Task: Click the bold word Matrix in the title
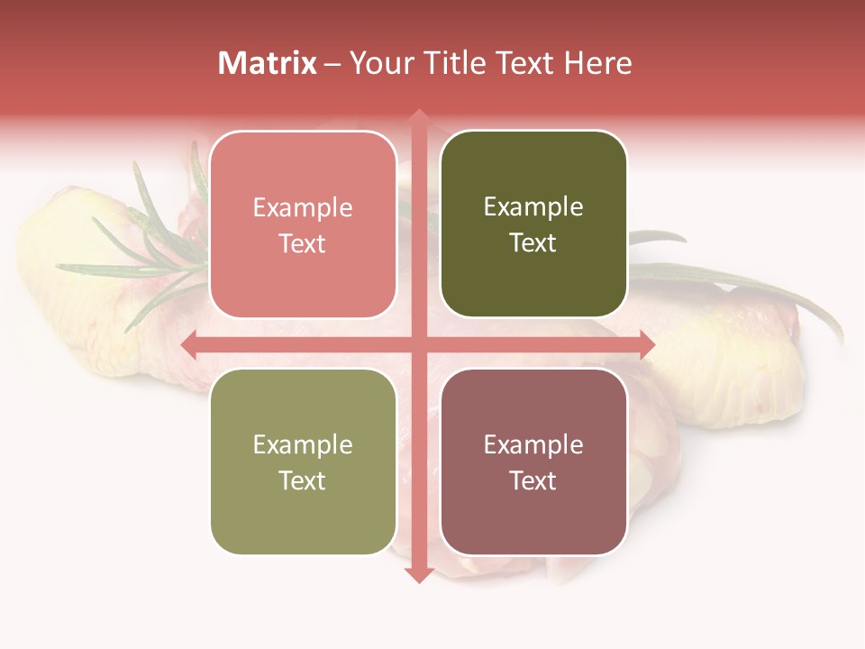[268, 63]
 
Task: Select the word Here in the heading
[597, 63]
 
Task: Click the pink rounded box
[303, 225]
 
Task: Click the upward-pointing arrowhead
[418, 117]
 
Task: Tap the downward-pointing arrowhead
[418, 574]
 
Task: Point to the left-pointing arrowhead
[189, 344]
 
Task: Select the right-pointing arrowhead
[646, 344]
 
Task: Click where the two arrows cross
[418, 344]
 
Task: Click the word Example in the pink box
[303, 208]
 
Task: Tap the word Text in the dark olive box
[533, 242]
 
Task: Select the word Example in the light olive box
[303, 445]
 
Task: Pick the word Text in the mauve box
[533, 480]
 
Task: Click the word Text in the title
[525, 63]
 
